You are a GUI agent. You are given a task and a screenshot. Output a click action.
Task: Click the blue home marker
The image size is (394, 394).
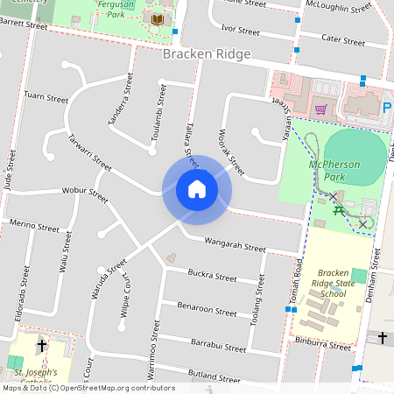tap(196, 189)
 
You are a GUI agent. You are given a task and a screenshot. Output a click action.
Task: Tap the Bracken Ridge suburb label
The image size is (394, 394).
tap(207, 54)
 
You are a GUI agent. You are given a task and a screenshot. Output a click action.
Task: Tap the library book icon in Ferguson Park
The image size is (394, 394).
tap(158, 19)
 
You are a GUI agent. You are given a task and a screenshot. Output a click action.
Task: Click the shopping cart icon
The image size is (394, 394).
tap(320, 109)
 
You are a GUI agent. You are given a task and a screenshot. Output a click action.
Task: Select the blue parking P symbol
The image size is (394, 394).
tap(387, 109)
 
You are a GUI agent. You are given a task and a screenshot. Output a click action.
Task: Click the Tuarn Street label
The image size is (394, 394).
tap(46, 97)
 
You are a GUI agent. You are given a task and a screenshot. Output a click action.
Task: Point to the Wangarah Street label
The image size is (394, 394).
tap(234, 244)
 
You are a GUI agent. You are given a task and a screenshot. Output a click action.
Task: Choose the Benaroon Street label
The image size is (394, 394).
tap(207, 308)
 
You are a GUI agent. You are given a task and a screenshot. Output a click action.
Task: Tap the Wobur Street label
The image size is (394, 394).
tap(84, 193)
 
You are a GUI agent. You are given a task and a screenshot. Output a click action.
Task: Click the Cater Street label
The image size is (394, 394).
tap(342, 39)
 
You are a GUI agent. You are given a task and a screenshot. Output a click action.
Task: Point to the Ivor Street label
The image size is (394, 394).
tap(241, 31)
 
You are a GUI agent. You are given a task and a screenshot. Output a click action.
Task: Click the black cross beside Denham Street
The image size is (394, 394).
tap(382, 338)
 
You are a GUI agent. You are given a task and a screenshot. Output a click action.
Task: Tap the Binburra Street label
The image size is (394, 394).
tap(323, 344)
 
